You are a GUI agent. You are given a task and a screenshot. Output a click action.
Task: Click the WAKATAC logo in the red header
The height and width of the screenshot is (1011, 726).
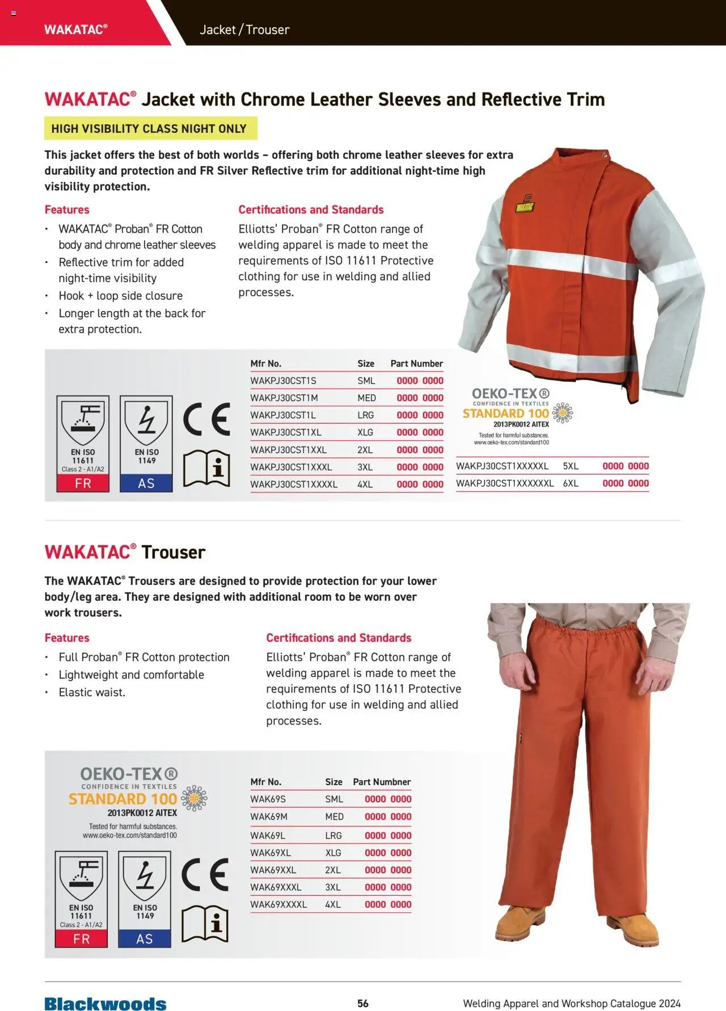click(75, 30)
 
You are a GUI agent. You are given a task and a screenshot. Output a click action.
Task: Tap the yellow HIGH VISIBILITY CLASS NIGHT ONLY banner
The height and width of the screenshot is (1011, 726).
click(150, 129)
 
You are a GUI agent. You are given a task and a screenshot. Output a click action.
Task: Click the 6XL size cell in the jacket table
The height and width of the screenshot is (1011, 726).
click(571, 483)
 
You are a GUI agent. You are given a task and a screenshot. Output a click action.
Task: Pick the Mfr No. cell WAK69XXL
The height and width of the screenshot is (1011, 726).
click(273, 870)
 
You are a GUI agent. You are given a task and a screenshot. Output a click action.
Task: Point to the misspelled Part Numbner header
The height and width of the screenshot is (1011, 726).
click(382, 782)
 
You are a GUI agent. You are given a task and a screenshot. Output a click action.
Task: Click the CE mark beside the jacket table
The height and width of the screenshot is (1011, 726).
click(206, 419)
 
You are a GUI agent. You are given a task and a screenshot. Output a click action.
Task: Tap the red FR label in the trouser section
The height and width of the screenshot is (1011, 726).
click(81, 939)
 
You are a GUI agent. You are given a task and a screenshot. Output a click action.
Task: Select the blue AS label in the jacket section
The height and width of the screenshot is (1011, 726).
click(146, 483)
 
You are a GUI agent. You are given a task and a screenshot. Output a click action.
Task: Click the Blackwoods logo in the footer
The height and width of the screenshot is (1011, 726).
click(105, 1004)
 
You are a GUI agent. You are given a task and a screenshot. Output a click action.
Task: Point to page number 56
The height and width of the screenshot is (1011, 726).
click(363, 1003)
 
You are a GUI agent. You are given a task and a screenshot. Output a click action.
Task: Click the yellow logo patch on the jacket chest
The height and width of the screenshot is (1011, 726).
click(525, 205)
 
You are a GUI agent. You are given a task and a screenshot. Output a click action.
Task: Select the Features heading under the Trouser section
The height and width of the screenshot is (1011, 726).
click(67, 638)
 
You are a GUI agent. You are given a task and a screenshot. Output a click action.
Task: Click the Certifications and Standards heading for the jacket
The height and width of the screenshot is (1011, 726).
click(311, 209)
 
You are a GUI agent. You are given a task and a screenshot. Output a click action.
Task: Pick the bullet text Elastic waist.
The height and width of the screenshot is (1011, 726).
click(92, 692)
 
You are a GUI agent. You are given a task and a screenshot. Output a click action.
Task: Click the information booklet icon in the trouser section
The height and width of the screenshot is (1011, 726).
click(205, 924)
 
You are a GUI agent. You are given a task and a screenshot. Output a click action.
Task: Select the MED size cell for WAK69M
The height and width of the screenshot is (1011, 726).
click(334, 816)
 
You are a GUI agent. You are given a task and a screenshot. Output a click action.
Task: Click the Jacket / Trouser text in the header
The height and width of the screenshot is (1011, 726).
click(244, 30)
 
